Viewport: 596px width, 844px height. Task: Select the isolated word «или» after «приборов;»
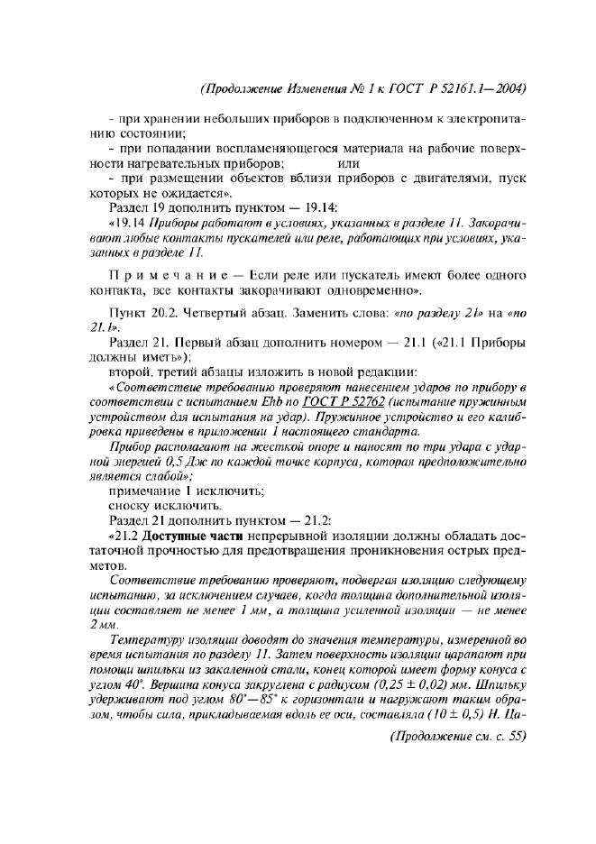tap(348, 163)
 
